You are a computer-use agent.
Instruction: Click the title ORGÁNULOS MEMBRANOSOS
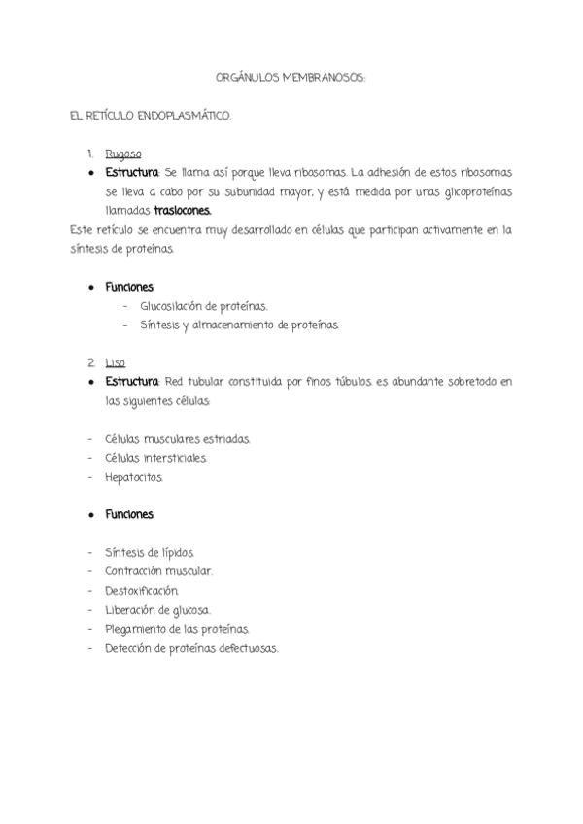[x=290, y=75]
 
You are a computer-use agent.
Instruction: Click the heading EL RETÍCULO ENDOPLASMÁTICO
[x=152, y=116]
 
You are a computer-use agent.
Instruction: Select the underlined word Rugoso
[x=123, y=154]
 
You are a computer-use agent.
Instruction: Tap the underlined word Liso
[x=116, y=362]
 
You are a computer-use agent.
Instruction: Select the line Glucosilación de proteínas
[x=203, y=306]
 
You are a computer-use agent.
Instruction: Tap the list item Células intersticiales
[x=156, y=458]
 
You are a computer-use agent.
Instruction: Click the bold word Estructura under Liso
[x=132, y=382]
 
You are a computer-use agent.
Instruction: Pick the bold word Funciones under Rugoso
[x=130, y=287]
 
